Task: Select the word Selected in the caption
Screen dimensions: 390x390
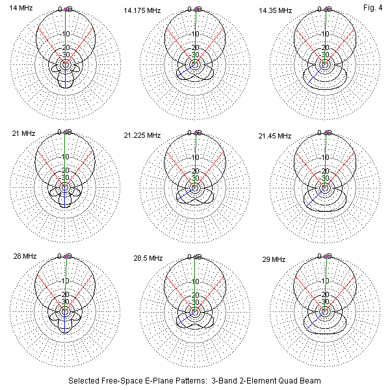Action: coord(83,380)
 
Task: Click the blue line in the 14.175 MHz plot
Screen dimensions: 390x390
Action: coord(186,71)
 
